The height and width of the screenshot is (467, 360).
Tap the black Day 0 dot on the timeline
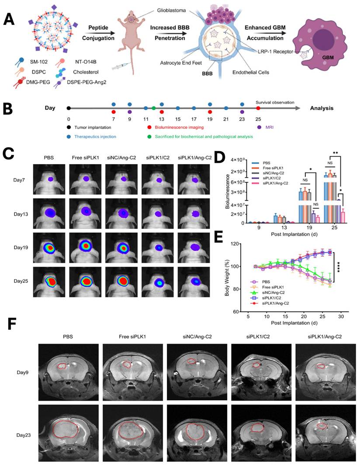[x=69, y=108]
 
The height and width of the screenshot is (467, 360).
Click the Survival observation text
[x=275, y=103]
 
